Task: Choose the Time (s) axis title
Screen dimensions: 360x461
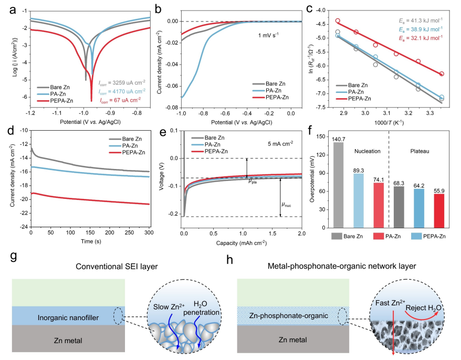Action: [x=90, y=241]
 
